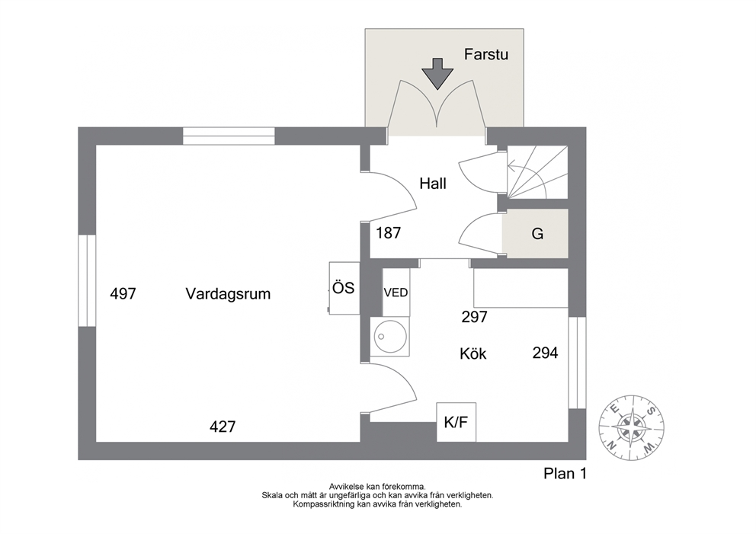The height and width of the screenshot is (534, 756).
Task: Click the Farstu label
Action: (486, 54)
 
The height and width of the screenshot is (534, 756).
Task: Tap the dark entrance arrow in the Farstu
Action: (437, 74)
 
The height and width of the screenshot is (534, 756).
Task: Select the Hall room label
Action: (432, 184)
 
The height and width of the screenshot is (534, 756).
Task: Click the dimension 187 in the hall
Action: (388, 233)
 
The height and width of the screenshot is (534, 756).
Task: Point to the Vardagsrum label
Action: (228, 294)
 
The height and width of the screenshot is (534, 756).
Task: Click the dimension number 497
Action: (123, 293)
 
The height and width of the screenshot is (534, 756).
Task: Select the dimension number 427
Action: (223, 427)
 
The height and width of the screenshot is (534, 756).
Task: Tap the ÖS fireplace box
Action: (344, 288)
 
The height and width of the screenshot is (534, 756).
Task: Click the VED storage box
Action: (396, 292)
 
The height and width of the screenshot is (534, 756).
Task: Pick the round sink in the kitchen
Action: (390, 337)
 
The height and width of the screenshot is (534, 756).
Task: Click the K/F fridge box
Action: (456, 422)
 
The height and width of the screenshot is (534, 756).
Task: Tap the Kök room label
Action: (473, 354)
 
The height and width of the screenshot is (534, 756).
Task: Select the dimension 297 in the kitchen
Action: (475, 317)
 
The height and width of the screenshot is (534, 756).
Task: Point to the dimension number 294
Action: (546, 353)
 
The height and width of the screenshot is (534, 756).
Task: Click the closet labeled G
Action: (535, 234)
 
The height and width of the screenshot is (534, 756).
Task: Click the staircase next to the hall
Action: (537, 172)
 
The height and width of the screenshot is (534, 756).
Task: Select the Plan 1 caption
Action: (565, 474)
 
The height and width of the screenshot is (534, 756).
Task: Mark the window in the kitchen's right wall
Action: (577, 363)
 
